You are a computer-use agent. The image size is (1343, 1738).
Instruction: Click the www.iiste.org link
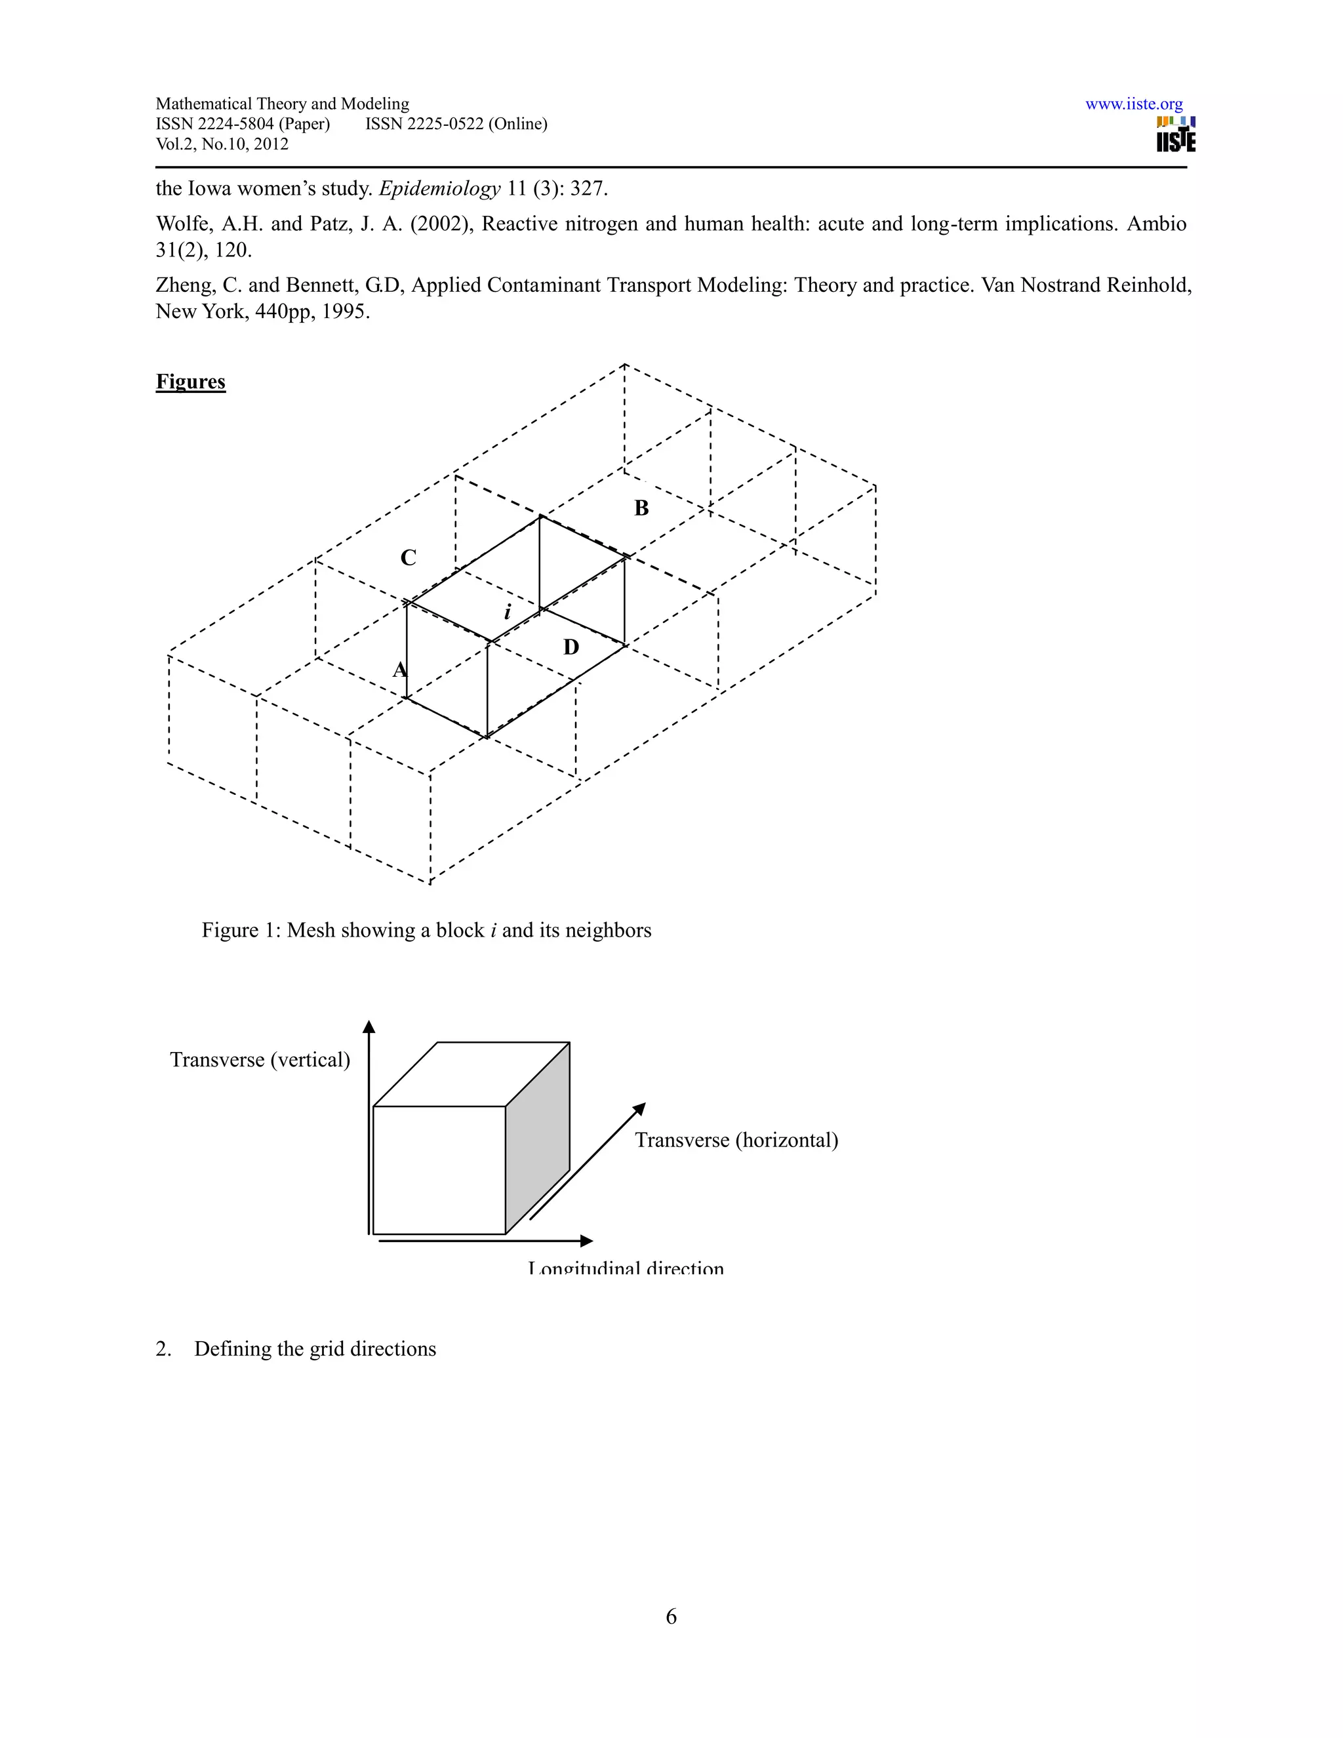(x=1133, y=104)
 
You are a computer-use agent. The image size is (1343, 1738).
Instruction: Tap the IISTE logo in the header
(x=1175, y=135)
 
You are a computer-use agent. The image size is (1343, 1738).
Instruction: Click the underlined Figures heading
(x=190, y=382)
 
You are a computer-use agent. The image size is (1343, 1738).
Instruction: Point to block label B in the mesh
(x=641, y=508)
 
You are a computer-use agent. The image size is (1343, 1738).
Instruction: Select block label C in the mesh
(x=408, y=558)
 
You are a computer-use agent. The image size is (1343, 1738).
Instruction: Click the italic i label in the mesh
(x=507, y=612)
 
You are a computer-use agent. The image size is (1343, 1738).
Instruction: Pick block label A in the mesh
(x=399, y=670)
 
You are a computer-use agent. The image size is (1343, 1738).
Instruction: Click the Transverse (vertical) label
(x=260, y=1060)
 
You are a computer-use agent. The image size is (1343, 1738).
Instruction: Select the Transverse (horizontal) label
(x=736, y=1141)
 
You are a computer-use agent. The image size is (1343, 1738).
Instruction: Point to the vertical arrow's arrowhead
(x=369, y=1026)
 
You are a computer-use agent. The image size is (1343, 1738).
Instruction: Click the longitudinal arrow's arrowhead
(x=586, y=1241)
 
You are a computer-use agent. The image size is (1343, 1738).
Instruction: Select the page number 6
(x=671, y=1616)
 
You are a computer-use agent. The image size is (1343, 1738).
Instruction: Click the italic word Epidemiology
(x=440, y=190)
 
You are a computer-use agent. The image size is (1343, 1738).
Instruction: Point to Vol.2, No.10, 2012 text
(x=222, y=144)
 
